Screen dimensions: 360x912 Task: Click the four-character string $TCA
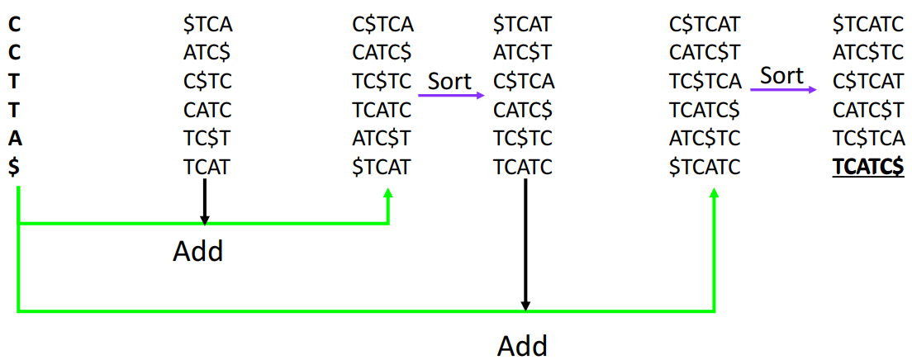207,25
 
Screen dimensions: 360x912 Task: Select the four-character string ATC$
207,53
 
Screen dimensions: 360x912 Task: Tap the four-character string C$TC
207,82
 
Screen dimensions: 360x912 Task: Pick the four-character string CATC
207,110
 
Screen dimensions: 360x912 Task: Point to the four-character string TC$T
207,138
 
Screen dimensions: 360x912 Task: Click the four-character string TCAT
207,167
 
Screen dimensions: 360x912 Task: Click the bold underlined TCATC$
869,167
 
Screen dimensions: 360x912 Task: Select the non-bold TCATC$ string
705,110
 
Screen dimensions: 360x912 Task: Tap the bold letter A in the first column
15,138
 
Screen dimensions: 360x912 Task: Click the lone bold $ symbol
15,167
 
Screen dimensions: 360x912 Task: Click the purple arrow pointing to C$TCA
451,95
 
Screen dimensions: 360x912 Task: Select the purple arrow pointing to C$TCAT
782,88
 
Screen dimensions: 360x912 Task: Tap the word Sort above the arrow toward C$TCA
449,81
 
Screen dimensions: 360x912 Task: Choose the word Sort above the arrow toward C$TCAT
781,75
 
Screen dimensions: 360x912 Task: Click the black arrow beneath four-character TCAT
205,202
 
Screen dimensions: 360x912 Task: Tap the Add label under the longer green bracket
522,345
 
